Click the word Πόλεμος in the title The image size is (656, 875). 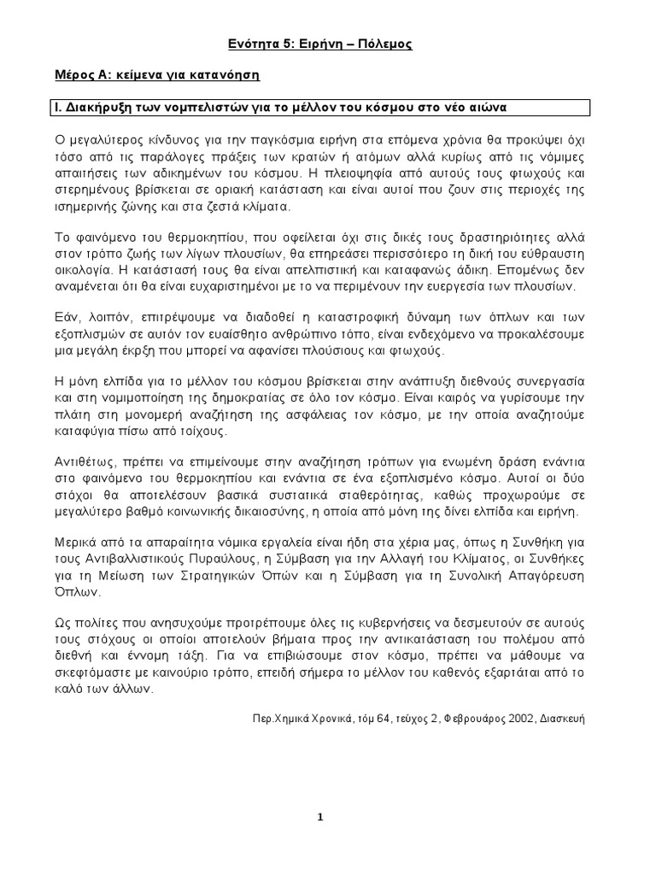point(385,44)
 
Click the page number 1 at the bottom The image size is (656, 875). point(320,817)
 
